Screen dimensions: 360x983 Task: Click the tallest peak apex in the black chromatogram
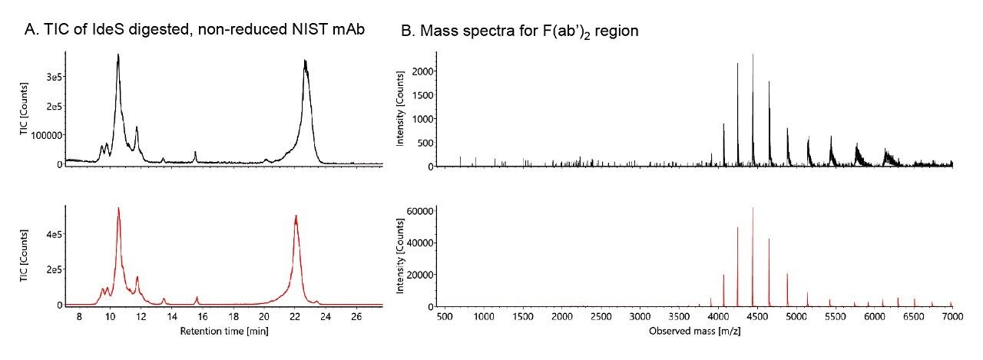(118, 54)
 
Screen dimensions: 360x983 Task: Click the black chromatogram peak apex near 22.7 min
(305, 60)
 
